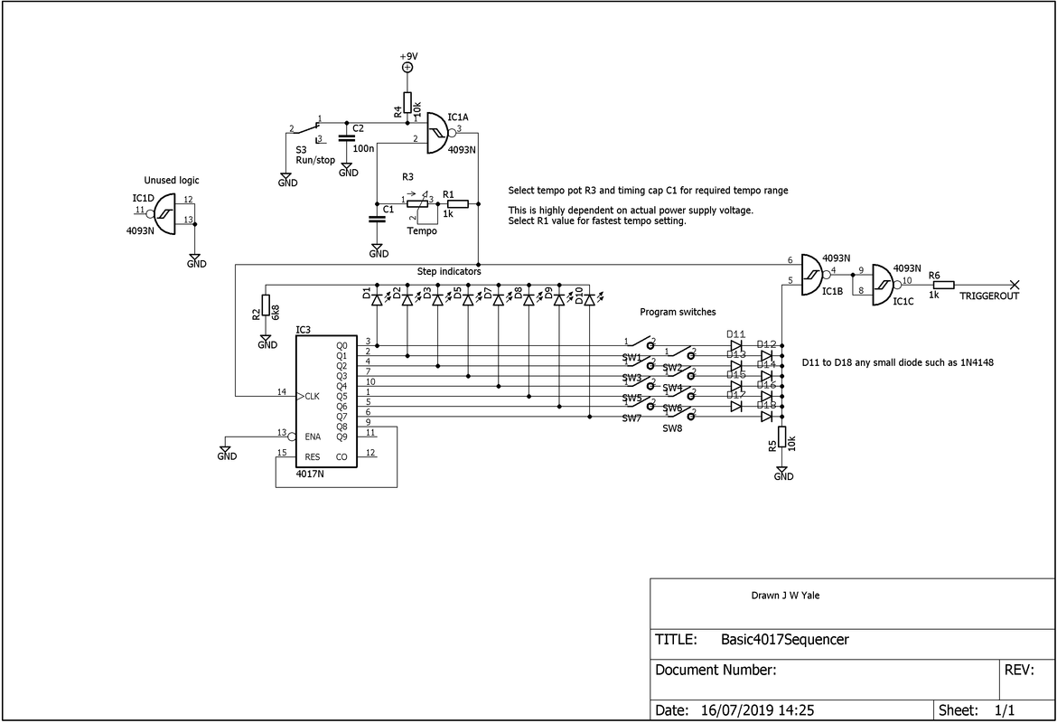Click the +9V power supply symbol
407,67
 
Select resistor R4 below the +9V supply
407,102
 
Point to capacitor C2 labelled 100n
345,138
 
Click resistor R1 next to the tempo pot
457,203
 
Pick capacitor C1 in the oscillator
377,218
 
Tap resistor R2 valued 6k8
267,305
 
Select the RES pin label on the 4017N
313,456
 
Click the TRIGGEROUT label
989,296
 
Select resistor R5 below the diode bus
782,436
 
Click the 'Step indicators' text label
449,271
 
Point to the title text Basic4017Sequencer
785,640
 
